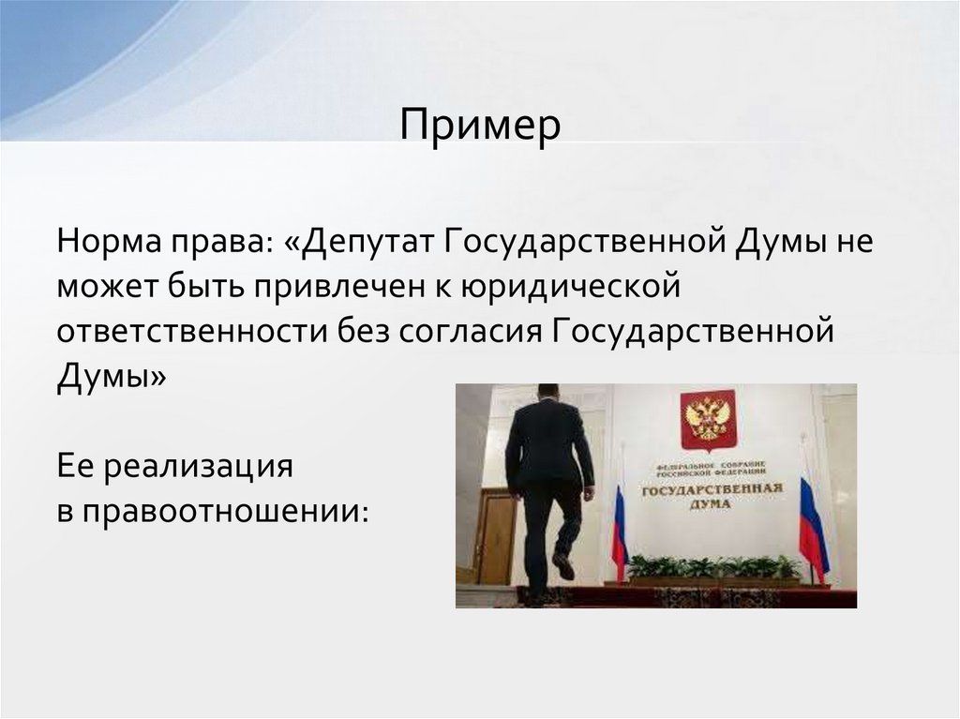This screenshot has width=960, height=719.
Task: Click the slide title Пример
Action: click(480, 125)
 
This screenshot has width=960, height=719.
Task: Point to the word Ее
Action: click(78, 466)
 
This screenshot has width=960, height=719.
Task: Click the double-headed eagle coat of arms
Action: click(707, 418)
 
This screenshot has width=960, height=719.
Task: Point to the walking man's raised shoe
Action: click(563, 565)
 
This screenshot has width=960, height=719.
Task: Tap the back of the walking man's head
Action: click(547, 393)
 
